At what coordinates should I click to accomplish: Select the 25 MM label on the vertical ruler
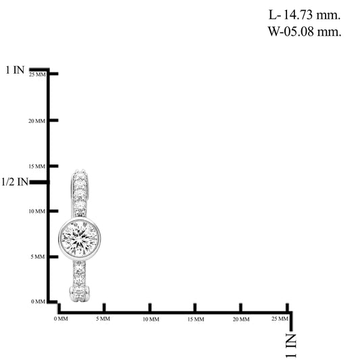click(x=37, y=74)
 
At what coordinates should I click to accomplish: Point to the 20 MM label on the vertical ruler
click(x=36, y=121)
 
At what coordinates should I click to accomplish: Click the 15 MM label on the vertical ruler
click(x=36, y=166)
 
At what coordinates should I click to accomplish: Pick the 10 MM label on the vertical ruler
click(x=36, y=211)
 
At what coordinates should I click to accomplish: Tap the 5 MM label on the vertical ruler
click(x=38, y=257)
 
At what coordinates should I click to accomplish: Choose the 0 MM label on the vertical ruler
click(x=38, y=301)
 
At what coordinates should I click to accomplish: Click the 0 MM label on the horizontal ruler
click(x=61, y=319)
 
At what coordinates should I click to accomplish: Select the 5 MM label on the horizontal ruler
click(x=103, y=319)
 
